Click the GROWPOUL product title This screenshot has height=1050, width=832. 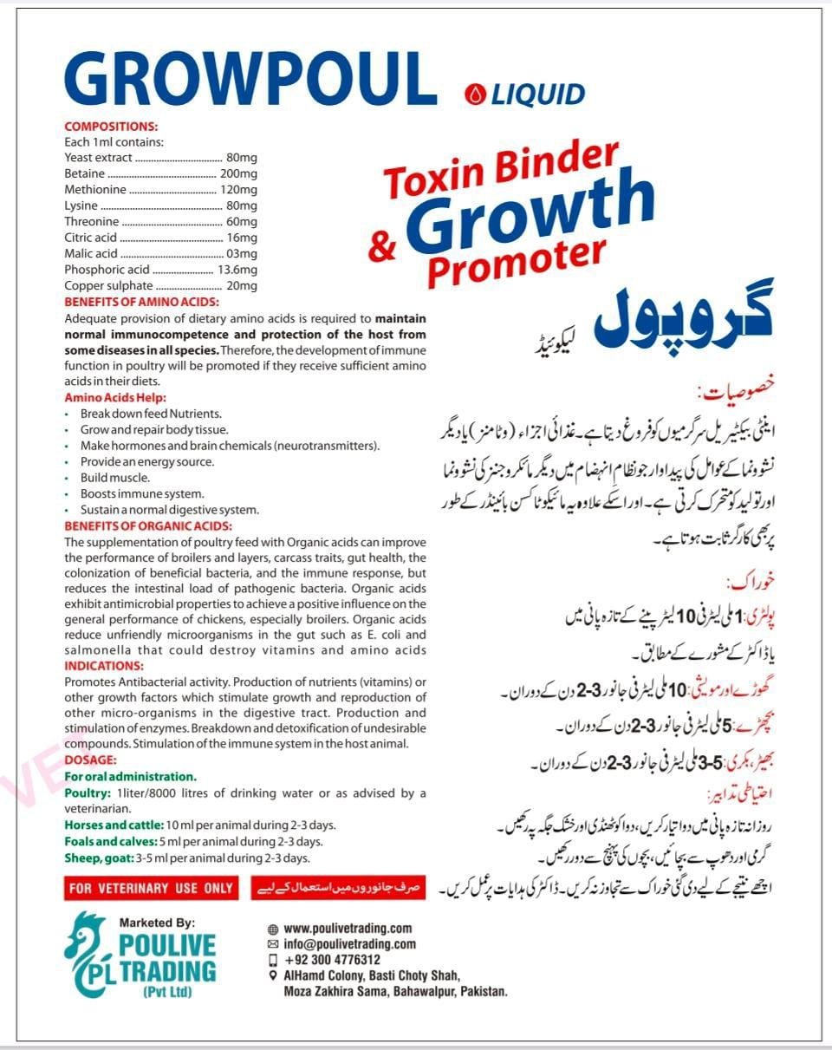point(250,80)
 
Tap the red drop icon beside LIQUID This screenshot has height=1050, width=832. point(473,93)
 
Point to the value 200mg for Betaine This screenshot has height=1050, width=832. point(238,173)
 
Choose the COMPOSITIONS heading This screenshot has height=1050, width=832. point(111,127)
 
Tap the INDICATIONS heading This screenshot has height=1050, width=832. point(104,666)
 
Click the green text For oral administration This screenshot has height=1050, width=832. point(131,777)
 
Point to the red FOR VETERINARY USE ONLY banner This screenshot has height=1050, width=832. point(152,888)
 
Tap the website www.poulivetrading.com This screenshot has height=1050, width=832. point(348,929)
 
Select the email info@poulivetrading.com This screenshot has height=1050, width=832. point(349,944)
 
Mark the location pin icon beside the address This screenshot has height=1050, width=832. point(273,975)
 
